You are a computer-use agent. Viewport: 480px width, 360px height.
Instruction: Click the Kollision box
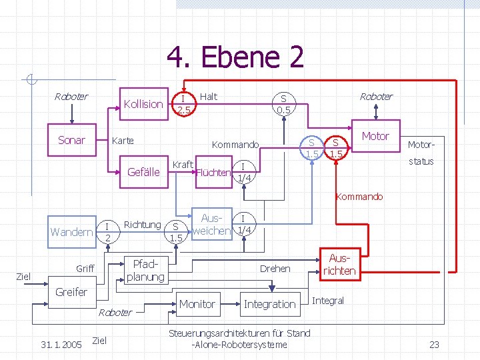point(143,104)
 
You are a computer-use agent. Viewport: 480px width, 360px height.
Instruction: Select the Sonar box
point(71,140)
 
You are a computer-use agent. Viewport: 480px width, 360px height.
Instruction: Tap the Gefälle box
point(143,172)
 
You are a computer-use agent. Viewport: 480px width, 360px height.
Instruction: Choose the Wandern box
point(71,232)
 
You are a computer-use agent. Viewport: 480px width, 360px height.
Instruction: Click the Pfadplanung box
point(145,269)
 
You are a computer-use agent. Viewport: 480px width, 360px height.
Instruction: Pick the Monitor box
point(197,304)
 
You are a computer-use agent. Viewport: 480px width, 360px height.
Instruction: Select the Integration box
point(269,304)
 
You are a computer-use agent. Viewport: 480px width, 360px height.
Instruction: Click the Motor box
point(375,136)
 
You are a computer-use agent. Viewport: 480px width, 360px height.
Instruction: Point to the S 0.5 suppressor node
point(284,103)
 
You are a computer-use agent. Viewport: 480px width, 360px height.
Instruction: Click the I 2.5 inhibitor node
point(183,104)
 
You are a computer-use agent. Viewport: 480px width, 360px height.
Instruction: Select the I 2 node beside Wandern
point(107,231)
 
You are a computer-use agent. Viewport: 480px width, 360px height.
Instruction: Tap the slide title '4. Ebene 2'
point(235,58)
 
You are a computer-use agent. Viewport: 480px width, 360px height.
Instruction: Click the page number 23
point(434,345)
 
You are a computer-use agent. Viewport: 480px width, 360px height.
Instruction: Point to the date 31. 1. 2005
point(61,345)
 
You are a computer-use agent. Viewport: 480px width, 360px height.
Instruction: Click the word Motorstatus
point(421,153)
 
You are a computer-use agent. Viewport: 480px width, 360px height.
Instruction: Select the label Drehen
point(275,269)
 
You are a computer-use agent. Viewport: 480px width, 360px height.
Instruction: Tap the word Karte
point(122,141)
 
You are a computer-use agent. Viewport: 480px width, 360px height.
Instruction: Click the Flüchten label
point(213,173)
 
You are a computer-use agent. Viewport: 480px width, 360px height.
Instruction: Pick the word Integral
point(328,301)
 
